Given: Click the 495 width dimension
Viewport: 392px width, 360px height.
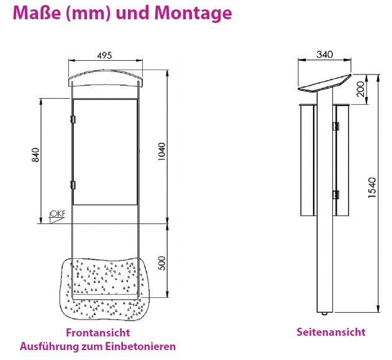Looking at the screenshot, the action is click(x=104, y=55).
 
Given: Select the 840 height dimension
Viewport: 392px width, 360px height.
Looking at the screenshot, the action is click(x=36, y=155).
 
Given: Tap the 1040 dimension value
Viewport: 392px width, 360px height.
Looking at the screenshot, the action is click(x=162, y=151).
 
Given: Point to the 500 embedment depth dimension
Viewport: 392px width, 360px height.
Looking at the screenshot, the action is click(x=162, y=263).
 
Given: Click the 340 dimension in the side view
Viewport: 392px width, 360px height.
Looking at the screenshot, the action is click(x=324, y=55).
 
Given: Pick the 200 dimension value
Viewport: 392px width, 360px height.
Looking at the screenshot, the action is click(x=360, y=89).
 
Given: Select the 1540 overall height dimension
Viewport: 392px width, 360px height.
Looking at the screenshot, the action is click(x=371, y=187).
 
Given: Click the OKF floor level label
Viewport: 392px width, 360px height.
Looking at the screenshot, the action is click(x=58, y=214).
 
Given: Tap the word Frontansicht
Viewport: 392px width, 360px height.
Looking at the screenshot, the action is click(x=98, y=333).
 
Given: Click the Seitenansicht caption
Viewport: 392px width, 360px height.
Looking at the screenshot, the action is click(x=331, y=332).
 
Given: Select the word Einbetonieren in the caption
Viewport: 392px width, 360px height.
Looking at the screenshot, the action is click(x=140, y=346).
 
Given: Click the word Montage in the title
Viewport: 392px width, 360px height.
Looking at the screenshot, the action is click(x=193, y=13).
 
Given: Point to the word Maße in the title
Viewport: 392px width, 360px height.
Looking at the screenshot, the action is click(x=37, y=12).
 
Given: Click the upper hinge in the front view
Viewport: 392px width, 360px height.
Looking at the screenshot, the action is click(x=73, y=119).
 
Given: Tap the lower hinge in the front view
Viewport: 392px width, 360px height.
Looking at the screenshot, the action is click(x=73, y=185).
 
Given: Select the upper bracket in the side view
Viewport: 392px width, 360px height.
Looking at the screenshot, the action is click(x=336, y=126).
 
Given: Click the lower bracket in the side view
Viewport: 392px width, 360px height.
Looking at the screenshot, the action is click(x=336, y=194).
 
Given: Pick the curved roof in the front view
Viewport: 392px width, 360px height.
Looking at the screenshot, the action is click(x=106, y=78).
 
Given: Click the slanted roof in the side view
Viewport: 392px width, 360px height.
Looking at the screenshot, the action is click(x=324, y=83).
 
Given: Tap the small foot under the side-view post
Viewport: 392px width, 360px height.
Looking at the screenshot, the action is click(x=324, y=313).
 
